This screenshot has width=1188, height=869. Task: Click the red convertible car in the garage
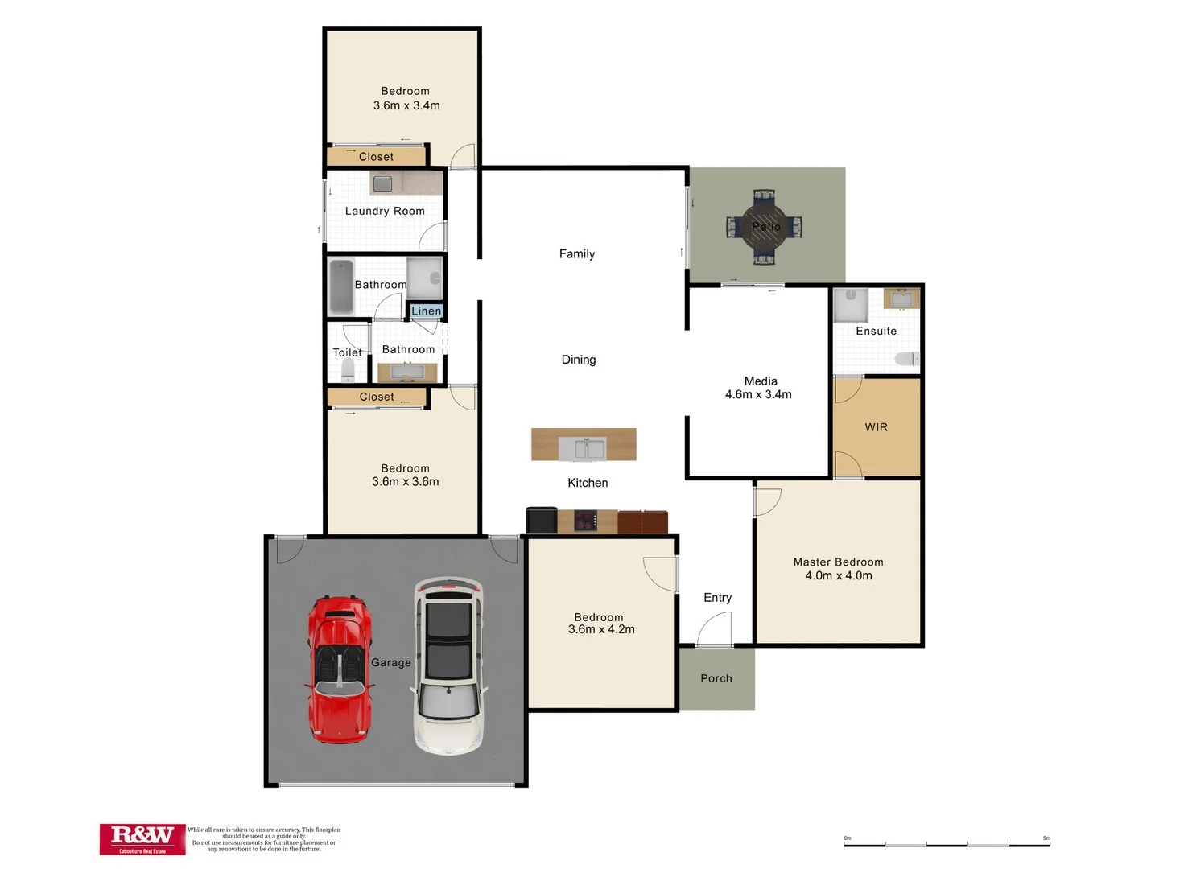(340, 669)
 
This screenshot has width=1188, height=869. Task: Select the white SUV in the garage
(448, 665)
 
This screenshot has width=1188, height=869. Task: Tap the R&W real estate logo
(142, 838)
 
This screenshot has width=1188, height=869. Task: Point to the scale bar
(947, 844)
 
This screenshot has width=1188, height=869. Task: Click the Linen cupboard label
(426, 311)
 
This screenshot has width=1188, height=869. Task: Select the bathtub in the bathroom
(341, 286)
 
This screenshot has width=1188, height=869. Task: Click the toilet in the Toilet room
(348, 370)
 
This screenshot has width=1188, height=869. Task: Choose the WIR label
(876, 427)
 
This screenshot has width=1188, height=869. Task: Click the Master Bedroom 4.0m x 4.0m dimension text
(839, 576)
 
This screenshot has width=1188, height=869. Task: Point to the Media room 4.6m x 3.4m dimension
(758, 395)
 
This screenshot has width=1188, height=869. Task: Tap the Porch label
(716, 678)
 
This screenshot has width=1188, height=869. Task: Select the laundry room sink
(383, 183)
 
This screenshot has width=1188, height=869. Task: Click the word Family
(577, 254)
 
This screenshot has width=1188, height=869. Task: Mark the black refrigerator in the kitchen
(542, 521)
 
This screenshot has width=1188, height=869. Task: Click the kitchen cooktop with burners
(585, 521)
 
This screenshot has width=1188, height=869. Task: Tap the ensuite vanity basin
(901, 299)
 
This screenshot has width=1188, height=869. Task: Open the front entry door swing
(715, 628)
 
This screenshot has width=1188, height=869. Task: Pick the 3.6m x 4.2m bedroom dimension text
(601, 630)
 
